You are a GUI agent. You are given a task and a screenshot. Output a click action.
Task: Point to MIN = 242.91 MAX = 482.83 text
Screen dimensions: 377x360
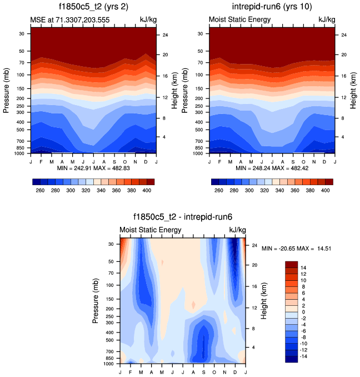(x=93, y=167)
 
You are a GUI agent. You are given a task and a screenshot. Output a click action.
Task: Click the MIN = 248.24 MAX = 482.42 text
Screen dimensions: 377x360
(x=272, y=167)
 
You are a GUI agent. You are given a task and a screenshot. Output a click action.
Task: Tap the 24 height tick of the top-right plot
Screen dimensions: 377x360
(x=344, y=35)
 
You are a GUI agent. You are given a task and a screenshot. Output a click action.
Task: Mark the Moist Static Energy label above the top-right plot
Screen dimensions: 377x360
(x=239, y=20)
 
